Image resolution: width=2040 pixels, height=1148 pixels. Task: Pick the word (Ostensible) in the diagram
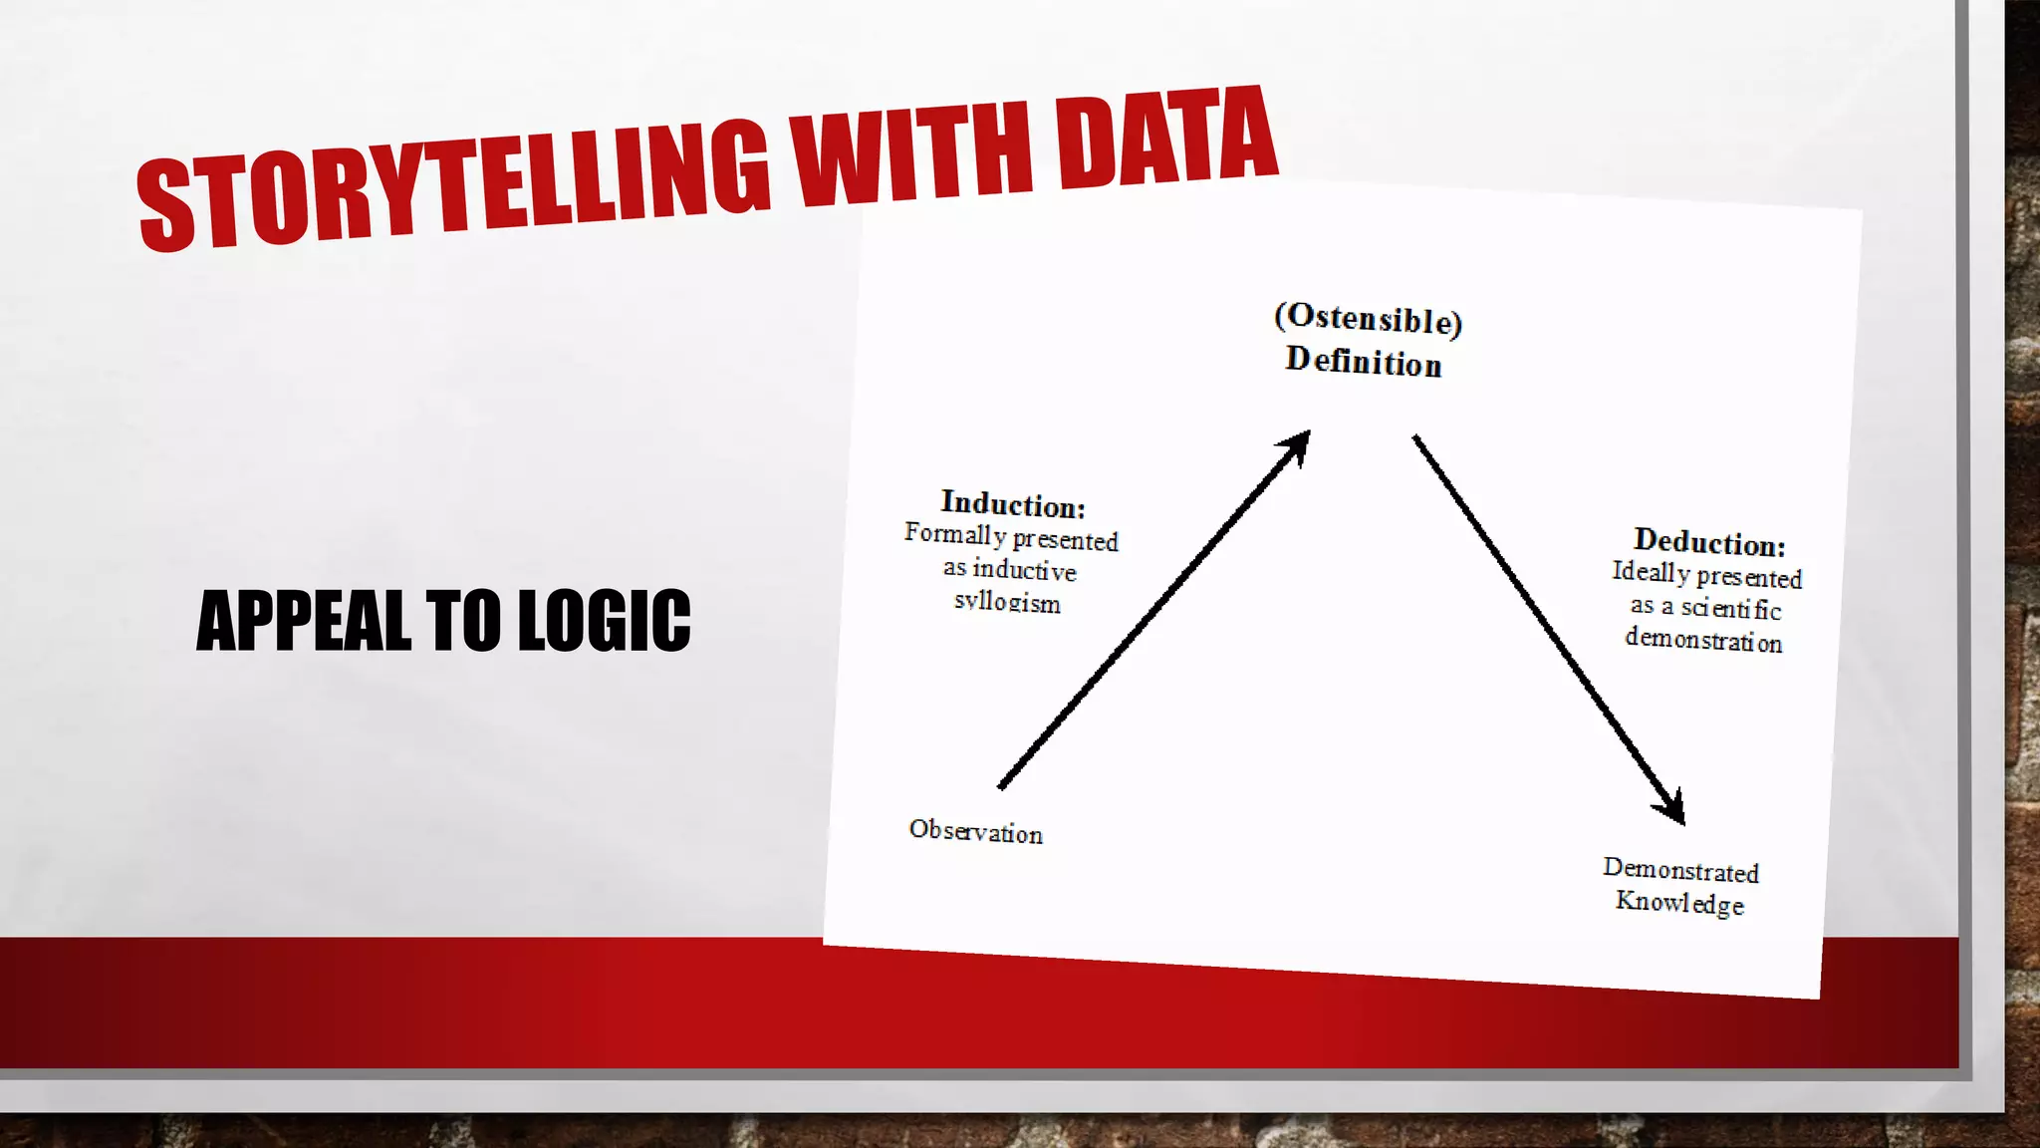click(1368, 319)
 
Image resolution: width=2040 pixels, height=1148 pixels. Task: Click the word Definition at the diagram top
click(1363, 361)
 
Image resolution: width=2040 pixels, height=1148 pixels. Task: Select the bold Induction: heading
click(1013, 504)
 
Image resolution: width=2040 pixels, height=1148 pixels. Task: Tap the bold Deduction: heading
click(1709, 542)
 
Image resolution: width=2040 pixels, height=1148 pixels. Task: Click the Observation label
click(975, 831)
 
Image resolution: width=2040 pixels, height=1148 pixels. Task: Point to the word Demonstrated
click(1680, 870)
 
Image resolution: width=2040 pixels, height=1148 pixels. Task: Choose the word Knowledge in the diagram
click(1679, 903)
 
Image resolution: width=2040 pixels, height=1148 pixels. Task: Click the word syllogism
click(1007, 602)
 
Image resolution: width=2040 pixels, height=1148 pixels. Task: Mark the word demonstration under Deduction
click(1703, 639)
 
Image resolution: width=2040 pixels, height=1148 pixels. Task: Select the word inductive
click(1024, 569)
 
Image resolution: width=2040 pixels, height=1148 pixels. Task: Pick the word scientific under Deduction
click(1731, 608)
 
